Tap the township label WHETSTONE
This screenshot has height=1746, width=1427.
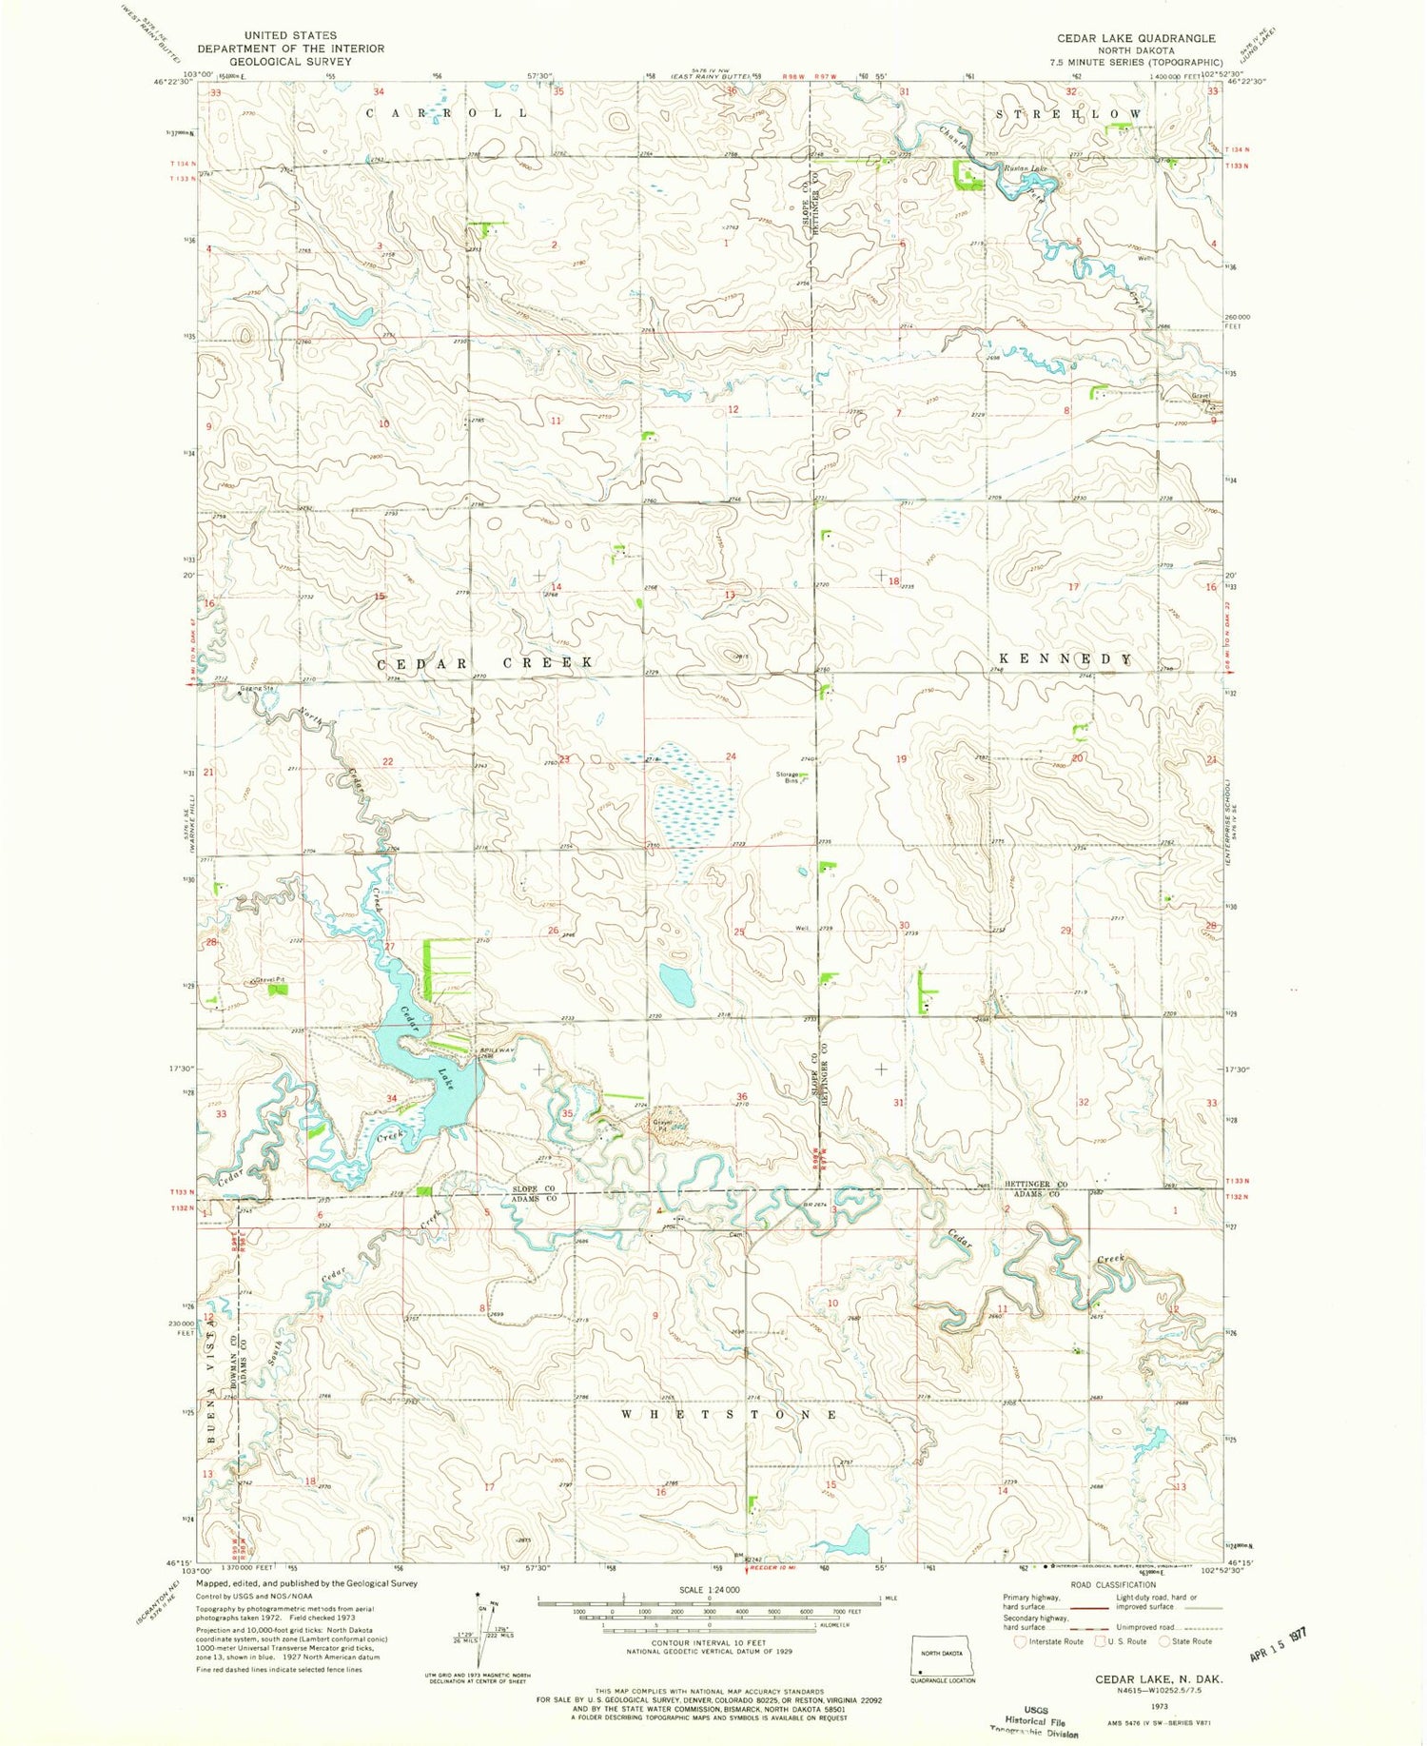pyautogui.click(x=729, y=1415)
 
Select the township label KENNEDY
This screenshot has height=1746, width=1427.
pyautogui.click(x=1065, y=659)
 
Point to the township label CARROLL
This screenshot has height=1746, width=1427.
pyautogui.click(x=447, y=113)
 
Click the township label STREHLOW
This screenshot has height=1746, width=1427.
pyautogui.click(x=1068, y=114)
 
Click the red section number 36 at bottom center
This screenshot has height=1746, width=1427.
pyautogui.click(x=741, y=1096)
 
